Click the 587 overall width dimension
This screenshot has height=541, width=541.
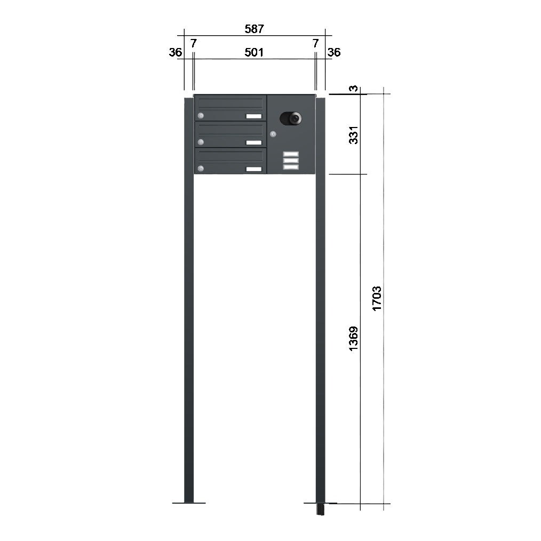(x=254, y=29)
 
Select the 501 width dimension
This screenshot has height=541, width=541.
(x=254, y=52)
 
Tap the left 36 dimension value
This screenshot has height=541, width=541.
(x=176, y=52)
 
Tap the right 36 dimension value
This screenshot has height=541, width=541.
(x=334, y=52)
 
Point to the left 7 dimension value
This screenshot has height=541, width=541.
(x=194, y=43)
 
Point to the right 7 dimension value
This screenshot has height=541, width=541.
(x=315, y=43)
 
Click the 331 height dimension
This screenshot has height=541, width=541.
(x=354, y=135)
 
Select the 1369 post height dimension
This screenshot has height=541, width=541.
(x=354, y=338)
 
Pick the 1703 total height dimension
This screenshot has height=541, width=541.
(x=377, y=298)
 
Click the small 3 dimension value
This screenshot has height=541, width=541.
(x=354, y=89)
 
